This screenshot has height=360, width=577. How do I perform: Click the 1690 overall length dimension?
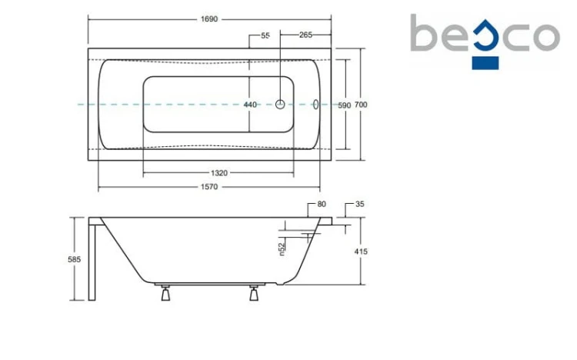click(x=209, y=19)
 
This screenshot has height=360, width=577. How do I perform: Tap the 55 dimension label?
click(x=265, y=35)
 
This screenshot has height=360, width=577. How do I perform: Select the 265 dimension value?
click(x=305, y=35)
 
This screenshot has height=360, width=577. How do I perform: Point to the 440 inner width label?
click(x=250, y=105)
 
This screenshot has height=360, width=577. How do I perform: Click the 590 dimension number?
click(x=345, y=105)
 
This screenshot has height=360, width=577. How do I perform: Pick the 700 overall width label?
click(x=361, y=105)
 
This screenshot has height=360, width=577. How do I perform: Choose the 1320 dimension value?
click(x=219, y=173)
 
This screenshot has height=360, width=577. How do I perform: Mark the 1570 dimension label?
click(x=209, y=187)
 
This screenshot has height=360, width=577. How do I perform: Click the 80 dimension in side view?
click(x=322, y=204)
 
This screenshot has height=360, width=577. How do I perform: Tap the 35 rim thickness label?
click(x=360, y=204)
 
